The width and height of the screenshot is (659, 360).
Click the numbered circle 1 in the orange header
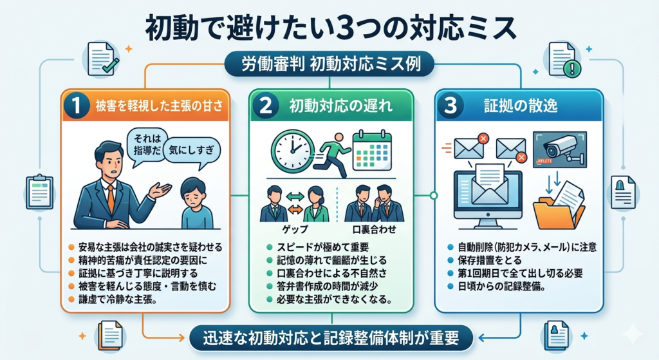(77, 107)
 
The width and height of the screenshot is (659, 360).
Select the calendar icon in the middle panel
(373, 151)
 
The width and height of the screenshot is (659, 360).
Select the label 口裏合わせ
(374, 229)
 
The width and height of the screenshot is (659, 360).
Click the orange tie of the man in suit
(111, 196)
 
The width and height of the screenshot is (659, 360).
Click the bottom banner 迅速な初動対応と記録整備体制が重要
(329, 336)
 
